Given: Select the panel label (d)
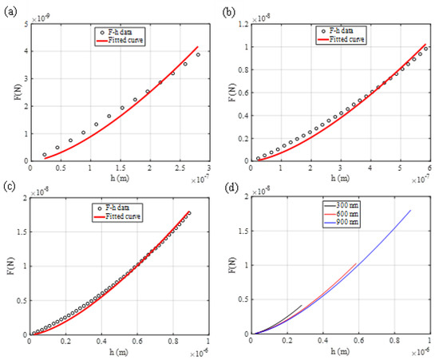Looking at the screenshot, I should [x=231, y=190].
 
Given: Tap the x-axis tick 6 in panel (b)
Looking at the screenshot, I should [x=429, y=170].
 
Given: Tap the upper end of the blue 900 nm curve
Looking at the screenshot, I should [x=410, y=211].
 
